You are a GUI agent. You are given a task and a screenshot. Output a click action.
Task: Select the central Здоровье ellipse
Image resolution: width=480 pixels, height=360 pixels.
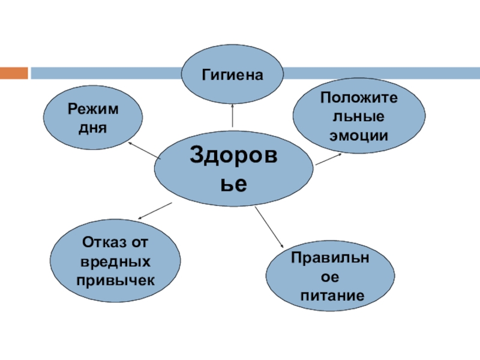[x=233, y=170]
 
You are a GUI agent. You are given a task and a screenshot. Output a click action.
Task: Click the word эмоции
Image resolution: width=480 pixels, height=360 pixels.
[x=359, y=135]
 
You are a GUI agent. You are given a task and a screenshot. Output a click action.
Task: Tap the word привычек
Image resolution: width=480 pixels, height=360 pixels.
[x=115, y=281]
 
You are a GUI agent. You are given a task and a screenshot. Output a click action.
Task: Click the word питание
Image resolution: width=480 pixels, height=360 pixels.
[x=332, y=296]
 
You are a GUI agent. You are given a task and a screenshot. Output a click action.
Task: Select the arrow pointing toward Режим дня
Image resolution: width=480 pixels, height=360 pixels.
[x=144, y=151]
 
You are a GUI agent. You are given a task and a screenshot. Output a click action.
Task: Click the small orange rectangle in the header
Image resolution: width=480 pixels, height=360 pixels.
[x=14, y=73]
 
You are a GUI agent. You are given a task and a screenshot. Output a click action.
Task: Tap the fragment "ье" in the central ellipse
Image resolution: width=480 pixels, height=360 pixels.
[x=233, y=184]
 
